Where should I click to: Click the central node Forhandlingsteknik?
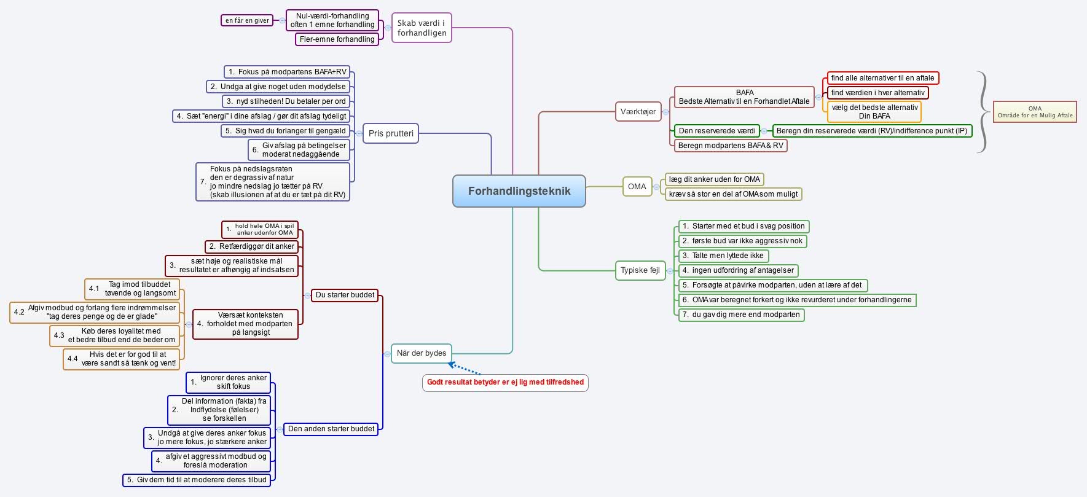[519, 191]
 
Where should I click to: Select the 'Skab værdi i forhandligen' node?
[422, 28]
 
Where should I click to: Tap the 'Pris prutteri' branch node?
[391, 133]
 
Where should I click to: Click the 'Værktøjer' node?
[638, 112]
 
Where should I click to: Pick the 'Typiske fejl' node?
[640, 270]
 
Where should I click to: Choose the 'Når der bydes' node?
[422, 353]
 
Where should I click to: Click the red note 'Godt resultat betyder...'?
[505, 382]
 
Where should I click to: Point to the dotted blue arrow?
[465, 369]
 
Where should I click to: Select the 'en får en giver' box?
[247, 20]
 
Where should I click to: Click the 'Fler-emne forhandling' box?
[337, 39]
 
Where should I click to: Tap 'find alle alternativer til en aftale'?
[882, 78]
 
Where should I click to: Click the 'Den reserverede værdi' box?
[717, 131]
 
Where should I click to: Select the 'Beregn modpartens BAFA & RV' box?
[731, 146]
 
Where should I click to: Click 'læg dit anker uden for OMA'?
[714, 179]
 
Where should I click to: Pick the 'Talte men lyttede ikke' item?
[723, 256]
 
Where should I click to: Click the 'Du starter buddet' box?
[345, 295]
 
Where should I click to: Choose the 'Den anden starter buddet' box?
[331, 429]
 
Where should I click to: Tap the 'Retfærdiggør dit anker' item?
[252, 246]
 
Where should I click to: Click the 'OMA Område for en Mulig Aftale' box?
[1035, 112]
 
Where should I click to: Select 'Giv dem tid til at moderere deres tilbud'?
[197, 480]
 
